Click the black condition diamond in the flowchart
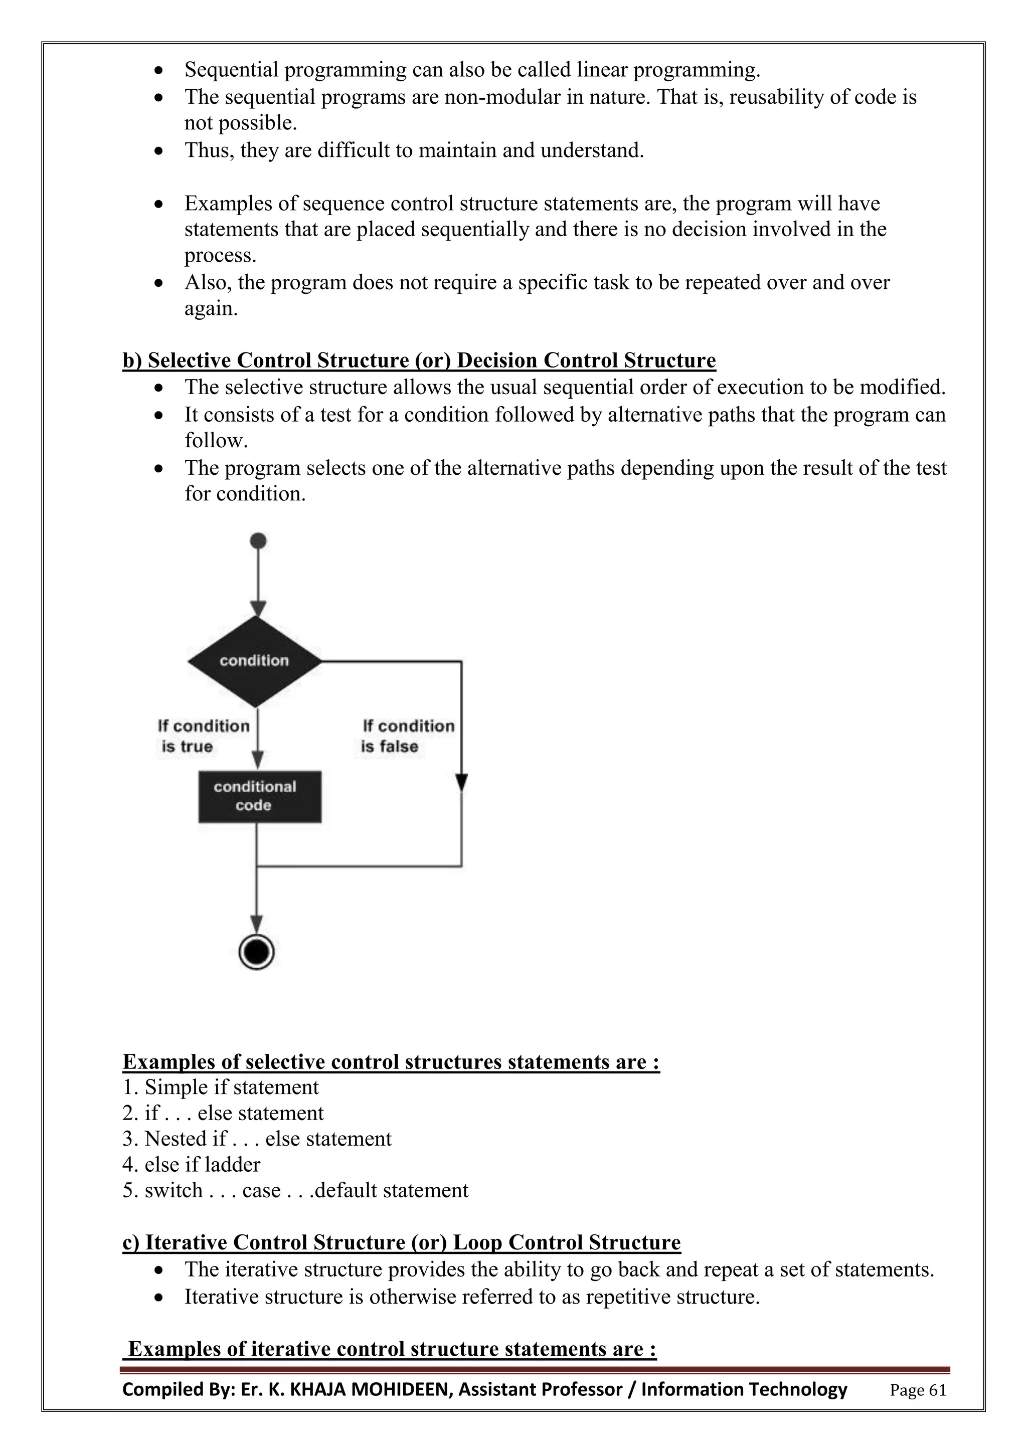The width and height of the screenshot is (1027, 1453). (x=254, y=661)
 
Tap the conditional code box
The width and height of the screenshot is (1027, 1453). (x=259, y=796)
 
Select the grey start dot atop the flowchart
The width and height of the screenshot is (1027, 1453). (x=258, y=540)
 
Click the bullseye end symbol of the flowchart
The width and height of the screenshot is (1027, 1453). (x=256, y=951)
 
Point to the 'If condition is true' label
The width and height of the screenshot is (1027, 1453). (x=203, y=736)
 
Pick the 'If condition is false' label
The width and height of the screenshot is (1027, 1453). (x=407, y=736)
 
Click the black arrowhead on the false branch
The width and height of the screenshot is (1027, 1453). (x=461, y=782)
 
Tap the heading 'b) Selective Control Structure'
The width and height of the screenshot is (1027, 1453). (x=418, y=360)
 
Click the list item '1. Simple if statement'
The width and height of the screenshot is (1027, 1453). (x=220, y=1087)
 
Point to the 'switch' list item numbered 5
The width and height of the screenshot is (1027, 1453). (x=295, y=1190)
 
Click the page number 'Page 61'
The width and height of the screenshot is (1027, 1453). (x=918, y=1390)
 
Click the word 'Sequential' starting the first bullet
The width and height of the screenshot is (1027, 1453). (x=231, y=70)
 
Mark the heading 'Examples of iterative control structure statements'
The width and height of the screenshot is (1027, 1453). (x=392, y=1349)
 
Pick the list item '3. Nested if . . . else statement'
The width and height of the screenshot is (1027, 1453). (x=257, y=1139)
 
